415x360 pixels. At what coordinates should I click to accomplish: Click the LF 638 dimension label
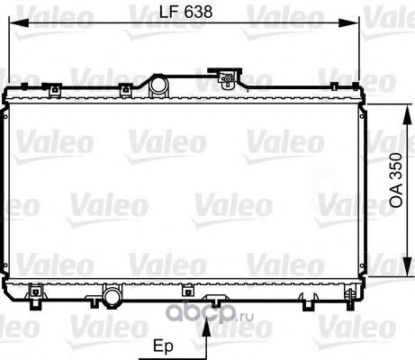click(x=185, y=12)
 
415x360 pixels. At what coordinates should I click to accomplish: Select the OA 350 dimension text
click(x=396, y=180)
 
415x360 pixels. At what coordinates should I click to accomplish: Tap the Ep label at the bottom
click(x=163, y=346)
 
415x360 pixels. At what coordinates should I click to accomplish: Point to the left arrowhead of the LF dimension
click(x=19, y=22)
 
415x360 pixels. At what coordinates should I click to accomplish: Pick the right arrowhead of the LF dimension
click(x=349, y=22)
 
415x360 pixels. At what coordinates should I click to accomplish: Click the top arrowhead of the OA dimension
click(x=407, y=114)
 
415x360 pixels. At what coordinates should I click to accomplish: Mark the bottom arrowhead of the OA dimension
click(x=407, y=266)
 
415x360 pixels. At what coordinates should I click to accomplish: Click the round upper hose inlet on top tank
click(x=158, y=85)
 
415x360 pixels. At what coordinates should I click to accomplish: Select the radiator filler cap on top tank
click(x=227, y=77)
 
